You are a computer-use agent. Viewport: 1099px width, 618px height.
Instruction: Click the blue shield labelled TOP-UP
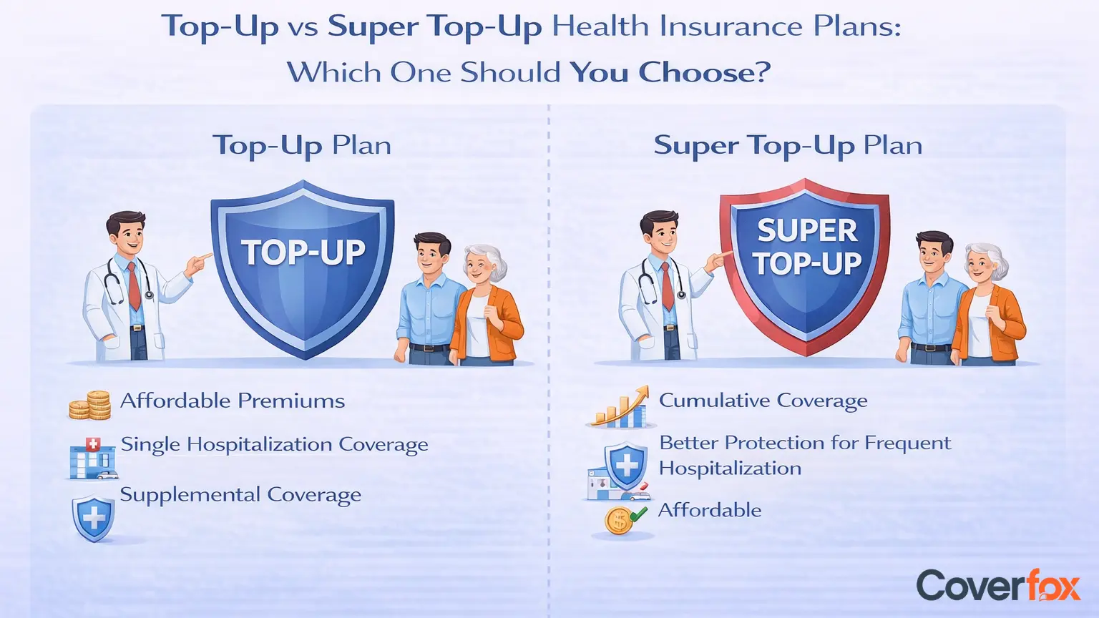pyautogui.click(x=303, y=270)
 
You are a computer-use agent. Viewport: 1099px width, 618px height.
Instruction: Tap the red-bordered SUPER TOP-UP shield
pyautogui.click(x=805, y=268)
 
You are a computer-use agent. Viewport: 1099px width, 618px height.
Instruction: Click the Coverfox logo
pyautogui.click(x=998, y=586)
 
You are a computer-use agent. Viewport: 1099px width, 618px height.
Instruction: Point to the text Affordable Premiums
pyautogui.click(x=233, y=401)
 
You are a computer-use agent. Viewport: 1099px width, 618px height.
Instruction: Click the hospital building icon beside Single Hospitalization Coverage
pyautogui.click(x=93, y=458)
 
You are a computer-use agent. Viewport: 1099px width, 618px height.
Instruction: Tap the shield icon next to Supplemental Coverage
pyautogui.click(x=93, y=519)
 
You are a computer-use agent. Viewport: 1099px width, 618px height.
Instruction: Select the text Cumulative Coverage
pyautogui.click(x=763, y=401)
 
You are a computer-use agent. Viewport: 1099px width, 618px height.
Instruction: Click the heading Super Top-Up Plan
pyautogui.click(x=788, y=145)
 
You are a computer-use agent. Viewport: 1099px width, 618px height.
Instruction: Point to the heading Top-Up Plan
pyautogui.click(x=302, y=145)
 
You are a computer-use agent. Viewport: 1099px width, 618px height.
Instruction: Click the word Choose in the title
pyautogui.click(x=704, y=72)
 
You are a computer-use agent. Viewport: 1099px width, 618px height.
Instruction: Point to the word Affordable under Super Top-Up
pyautogui.click(x=710, y=510)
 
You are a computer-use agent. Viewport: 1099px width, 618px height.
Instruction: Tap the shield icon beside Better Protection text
pyautogui.click(x=625, y=464)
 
